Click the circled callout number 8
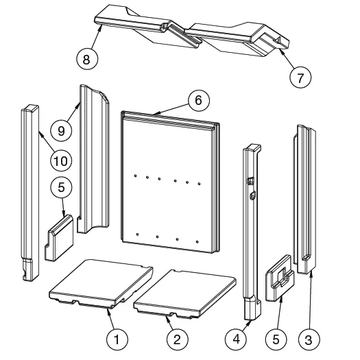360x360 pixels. [x=87, y=59]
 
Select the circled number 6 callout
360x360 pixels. [x=199, y=100]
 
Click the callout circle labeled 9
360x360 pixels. [x=61, y=130]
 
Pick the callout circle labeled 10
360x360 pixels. [x=61, y=160]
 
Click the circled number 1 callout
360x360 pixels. [x=117, y=339]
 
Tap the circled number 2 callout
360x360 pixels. [x=177, y=339]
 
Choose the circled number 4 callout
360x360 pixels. [x=236, y=339]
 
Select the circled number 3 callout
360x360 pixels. [x=309, y=339]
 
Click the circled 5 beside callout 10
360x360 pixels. [x=61, y=187]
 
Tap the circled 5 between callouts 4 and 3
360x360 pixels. [x=276, y=339]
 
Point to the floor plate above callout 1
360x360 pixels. [x=101, y=284]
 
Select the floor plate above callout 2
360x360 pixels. [x=185, y=294]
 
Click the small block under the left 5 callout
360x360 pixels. [x=59, y=238]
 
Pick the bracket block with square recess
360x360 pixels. [x=280, y=278]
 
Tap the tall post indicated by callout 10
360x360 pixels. [x=30, y=193]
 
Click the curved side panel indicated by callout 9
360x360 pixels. [x=93, y=158]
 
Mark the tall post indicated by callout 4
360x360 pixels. [x=252, y=232]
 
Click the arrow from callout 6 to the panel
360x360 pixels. [x=171, y=109]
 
